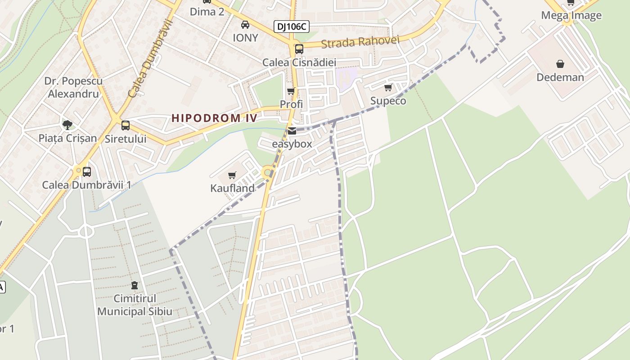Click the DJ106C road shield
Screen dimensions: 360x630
(292, 27)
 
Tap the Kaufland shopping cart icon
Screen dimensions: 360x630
(232, 175)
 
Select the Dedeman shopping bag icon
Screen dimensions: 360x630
(560, 64)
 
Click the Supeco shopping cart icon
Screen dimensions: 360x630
(388, 88)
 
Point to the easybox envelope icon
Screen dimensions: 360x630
(292, 131)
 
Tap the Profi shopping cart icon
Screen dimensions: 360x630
(291, 91)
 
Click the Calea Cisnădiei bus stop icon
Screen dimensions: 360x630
(299, 49)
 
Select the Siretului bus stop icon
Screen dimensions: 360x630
(126, 126)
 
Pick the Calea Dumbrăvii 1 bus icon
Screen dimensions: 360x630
(87, 171)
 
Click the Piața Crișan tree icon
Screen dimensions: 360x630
(67, 125)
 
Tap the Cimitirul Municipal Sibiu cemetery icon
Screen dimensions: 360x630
(134, 285)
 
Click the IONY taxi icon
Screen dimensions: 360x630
(245, 25)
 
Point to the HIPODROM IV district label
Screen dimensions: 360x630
(214, 118)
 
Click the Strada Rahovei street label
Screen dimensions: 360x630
(360, 42)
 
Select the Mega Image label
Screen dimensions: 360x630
(571, 15)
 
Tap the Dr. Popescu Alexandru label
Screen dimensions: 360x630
(73, 87)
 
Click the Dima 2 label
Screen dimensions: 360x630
(207, 12)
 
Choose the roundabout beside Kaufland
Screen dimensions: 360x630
(268, 172)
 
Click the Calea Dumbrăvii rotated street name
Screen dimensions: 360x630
(150, 58)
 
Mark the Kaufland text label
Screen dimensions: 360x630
(232, 188)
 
